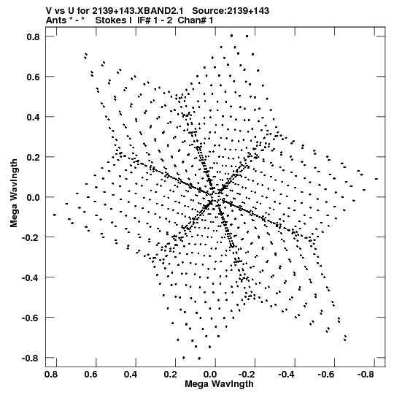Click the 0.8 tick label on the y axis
point(34,37)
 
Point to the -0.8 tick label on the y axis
point(31,358)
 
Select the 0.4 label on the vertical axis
point(34,117)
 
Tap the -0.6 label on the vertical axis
point(31,318)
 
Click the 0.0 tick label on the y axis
point(34,197)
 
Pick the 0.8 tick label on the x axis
point(51,375)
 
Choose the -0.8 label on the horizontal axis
point(366,375)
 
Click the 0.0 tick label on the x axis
point(210,375)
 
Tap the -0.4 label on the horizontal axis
point(287,375)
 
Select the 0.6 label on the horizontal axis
point(91,375)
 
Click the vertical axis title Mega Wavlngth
point(14,193)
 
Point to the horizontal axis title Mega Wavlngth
point(220,384)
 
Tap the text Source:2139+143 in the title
point(231,11)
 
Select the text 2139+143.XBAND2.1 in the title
point(137,11)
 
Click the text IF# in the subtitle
point(144,20)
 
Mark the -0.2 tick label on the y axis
point(31,237)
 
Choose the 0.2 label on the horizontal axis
point(170,375)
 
